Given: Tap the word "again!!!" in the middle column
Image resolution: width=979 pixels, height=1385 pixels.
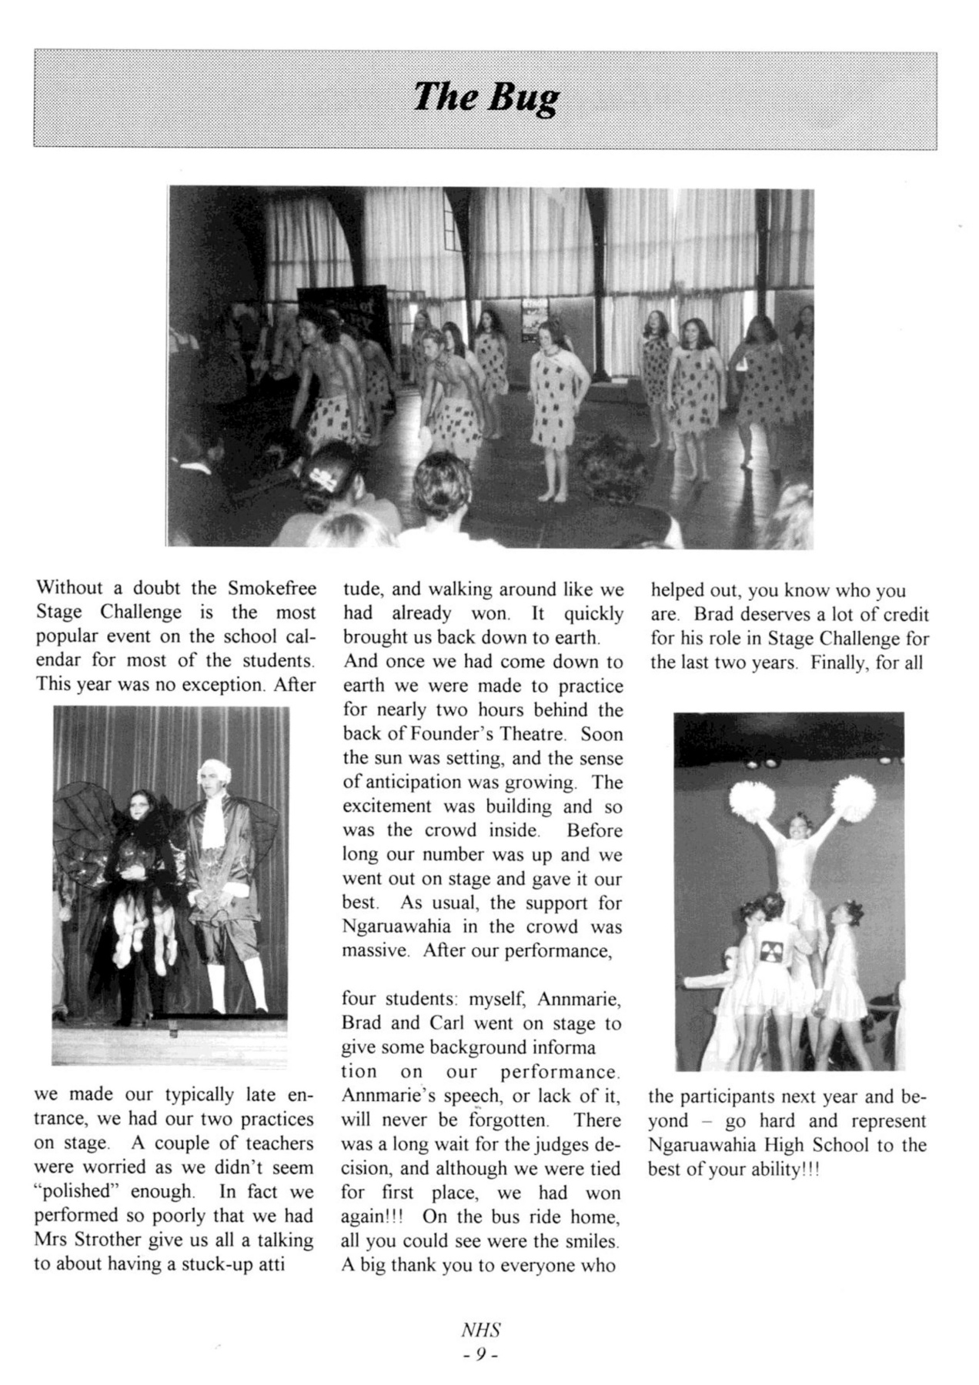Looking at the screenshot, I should pos(367,1217).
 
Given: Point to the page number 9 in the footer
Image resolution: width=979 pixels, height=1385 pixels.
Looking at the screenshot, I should pos(479,1354).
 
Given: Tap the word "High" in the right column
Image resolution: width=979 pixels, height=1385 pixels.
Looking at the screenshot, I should pos(787,1145).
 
